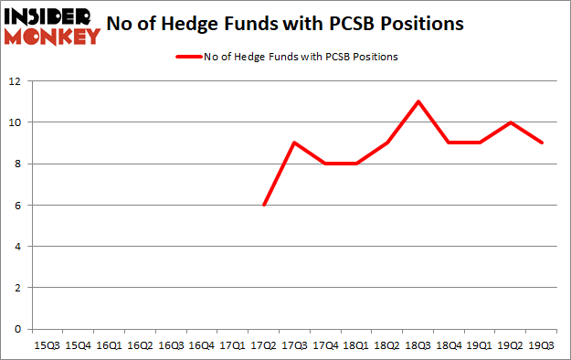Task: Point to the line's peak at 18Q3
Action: pos(418,101)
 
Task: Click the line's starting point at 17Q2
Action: pos(263,205)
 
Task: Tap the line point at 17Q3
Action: pos(294,143)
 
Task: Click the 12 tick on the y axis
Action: pos(16,81)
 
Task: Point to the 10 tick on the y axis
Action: pos(16,122)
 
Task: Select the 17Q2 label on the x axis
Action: pos(263,345)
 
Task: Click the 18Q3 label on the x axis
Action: pos(418,345)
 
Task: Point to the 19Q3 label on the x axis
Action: pos(543,345)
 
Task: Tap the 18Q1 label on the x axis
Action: pos(356,345)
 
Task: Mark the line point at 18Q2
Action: pos(387,143)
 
